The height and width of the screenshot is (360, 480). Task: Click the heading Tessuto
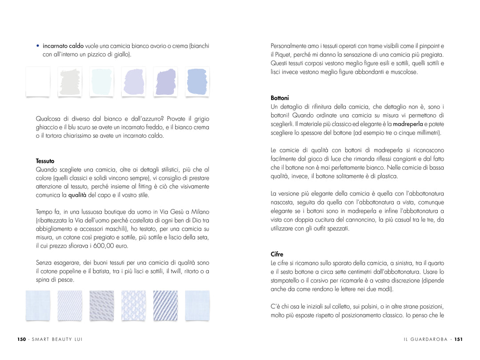click(x=45, y=161)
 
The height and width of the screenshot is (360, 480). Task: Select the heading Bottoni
click(x=280, y=98)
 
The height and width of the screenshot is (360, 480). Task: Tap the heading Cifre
click(x=277, y=254)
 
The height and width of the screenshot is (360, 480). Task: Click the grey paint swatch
click(x=70, y=81)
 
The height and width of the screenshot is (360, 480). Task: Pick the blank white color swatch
click(x=38, y=81)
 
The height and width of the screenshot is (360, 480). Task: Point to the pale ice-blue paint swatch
click(x=101, y=81)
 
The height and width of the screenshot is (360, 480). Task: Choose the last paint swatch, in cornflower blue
click(x=197, y=81)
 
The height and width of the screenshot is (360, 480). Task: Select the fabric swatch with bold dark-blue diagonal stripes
click(x=165, y=305)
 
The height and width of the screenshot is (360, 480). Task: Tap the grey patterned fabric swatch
click(x=101, y=305)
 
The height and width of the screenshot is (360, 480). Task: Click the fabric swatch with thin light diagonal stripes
click(x=70, y=305)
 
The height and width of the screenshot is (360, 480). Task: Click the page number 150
click(x=21, y=340)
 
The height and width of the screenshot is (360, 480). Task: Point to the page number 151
click(x=458, y=340)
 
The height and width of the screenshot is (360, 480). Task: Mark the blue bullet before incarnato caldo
click(x=38, y=46)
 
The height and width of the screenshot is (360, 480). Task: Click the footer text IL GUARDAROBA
click(x=426, y=340)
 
